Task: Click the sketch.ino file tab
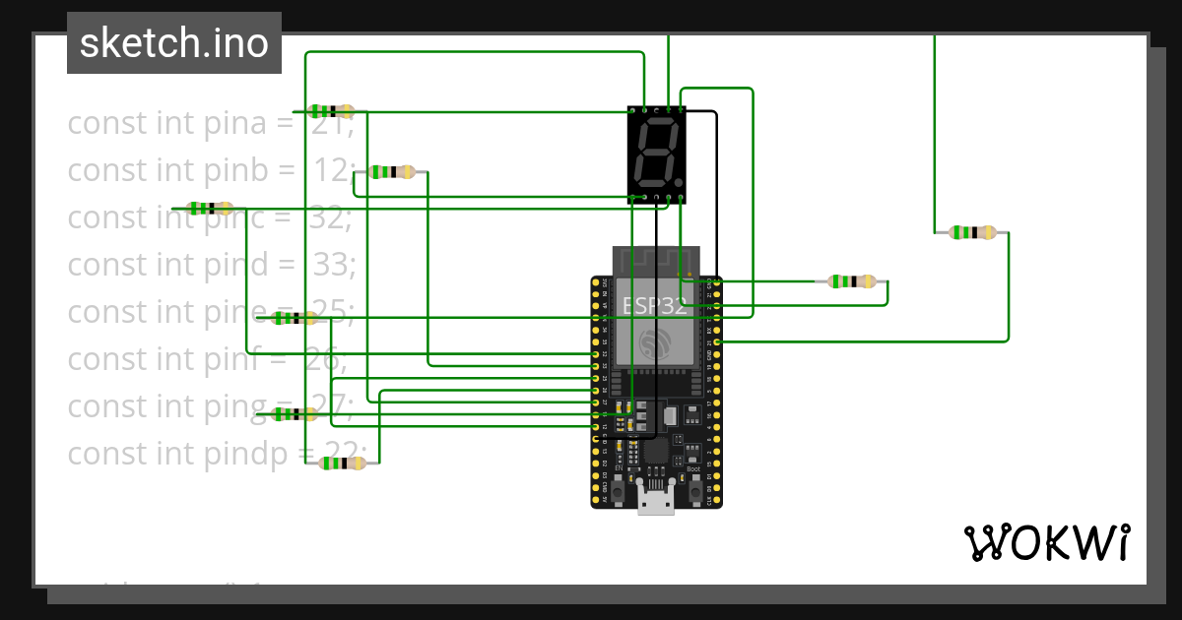[174, 43]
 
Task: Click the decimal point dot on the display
[679, 183]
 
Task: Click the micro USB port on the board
[656, 501]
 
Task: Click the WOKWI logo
[1046, 542]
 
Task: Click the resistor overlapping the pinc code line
[210, 209]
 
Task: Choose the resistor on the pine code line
[294, 317]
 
